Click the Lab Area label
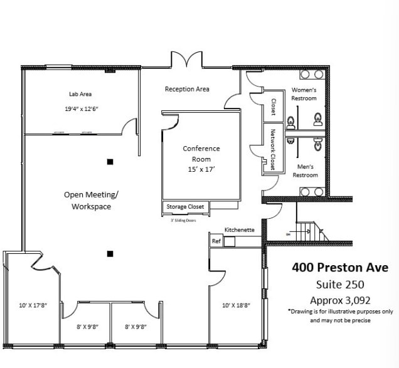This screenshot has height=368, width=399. point(80,94)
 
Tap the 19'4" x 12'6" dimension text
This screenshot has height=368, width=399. point(82,109)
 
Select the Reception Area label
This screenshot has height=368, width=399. point(187,89)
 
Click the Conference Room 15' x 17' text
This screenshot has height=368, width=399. point(201,159)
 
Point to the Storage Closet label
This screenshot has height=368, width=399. point(184,206)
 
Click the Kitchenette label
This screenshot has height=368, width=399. point(240,230)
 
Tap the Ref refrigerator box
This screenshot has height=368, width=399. point(216,241)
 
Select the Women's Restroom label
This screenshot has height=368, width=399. point(304,94)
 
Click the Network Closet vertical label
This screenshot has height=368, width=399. point(273,149)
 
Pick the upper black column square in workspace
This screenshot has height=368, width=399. point(110,162)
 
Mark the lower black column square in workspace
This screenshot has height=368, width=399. point(110,254)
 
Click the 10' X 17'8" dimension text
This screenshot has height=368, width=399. point(33,306)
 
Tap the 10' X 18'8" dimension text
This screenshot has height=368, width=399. point(236,306)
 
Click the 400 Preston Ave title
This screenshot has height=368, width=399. point(340,267)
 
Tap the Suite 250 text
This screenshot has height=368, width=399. point(340,284)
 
